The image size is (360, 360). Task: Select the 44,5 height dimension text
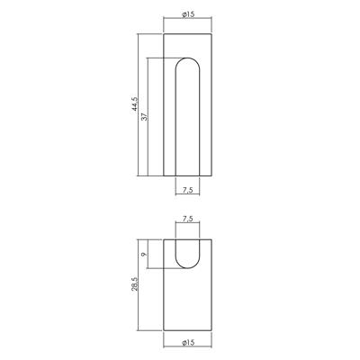132,105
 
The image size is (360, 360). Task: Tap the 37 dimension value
145,116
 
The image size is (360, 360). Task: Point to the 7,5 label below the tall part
186,190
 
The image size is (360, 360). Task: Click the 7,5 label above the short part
186,218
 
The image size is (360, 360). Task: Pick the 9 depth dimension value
145,255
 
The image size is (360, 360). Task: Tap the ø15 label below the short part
186,342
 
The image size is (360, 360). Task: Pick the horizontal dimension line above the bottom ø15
186,335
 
